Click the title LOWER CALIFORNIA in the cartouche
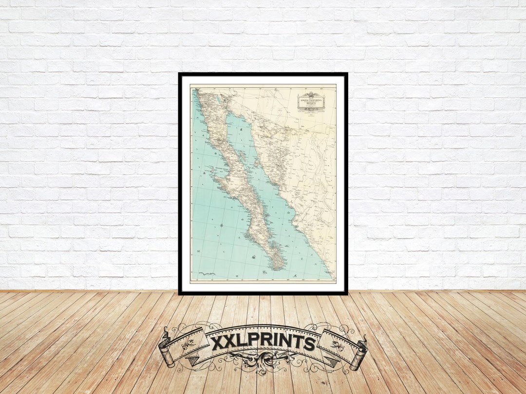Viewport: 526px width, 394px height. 312,100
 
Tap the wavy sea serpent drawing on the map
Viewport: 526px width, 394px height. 207,274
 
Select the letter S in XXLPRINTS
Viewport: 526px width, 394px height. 309,343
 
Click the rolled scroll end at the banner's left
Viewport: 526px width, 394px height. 166,348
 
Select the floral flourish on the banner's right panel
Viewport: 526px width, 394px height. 338,346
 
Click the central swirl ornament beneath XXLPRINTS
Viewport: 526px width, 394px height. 263,362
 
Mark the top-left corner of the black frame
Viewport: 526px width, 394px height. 180,74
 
